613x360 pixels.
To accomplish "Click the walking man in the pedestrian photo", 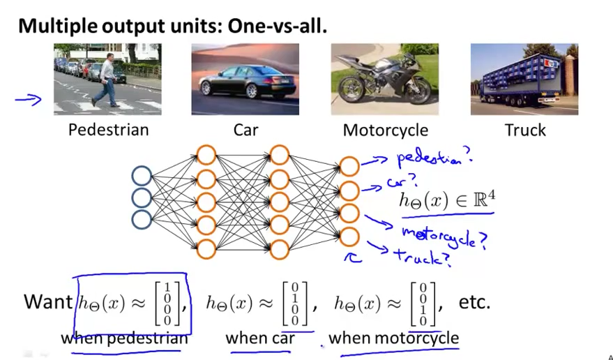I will click(x=107, y=80).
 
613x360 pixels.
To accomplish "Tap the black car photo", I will click(x=245, y=79).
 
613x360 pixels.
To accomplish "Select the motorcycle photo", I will click(x=384, y=79).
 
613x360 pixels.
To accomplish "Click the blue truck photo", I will click(x=524, y=79).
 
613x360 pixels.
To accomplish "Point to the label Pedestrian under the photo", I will click(x=108, y=130).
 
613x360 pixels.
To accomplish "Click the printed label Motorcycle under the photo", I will click(x=385, y=130).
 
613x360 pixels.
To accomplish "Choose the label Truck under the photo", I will click(x=524, y=130).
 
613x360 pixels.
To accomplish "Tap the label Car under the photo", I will click(x=246, y=130).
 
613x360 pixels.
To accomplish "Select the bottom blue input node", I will click(x=142, y=220).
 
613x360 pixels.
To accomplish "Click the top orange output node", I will click(x=349, y=166).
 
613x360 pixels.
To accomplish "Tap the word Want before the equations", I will click(x=47, y=301).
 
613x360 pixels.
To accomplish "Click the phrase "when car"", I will click(x=259, y=339).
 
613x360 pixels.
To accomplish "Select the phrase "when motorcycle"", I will click(x=393, y=339).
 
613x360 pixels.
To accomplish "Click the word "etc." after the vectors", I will click(x=474, y=303).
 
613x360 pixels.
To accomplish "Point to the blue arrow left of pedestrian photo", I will click(x=28, y=100).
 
